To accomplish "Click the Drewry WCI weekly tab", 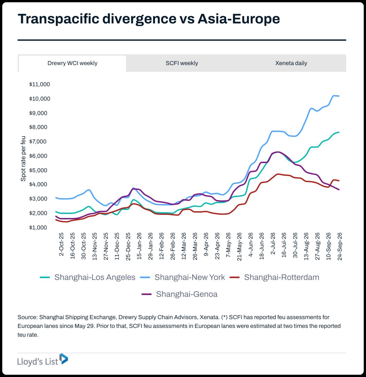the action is (x=72, y=63).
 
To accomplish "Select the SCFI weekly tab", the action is (x=182, y=63).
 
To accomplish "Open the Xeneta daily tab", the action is (x=291, y=63).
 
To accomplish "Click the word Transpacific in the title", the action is (x=58, y=19).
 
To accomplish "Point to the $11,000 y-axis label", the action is (x=40, y=84).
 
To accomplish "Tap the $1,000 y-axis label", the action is (x=38, y=227).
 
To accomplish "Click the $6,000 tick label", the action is (x=38, y=156).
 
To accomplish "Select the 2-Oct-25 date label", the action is (x=61, y=244).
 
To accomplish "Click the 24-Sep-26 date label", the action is (x=340, y=246).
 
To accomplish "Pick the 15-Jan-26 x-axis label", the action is (x=139, y=246).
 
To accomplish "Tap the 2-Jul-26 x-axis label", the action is (x=273, y=243).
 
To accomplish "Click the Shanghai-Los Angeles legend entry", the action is (x=88, y=277).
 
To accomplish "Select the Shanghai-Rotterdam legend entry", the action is (x=274, y=277).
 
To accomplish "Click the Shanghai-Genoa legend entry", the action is (x=180, y=294).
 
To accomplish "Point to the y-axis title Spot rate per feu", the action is (x=23, y=158).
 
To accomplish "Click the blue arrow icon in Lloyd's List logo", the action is (x=64, y=359).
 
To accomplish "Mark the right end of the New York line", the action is (x=339, y=96).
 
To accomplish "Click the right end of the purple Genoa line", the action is (x=339, y=190).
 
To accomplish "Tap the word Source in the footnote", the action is (x=27, y=317).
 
